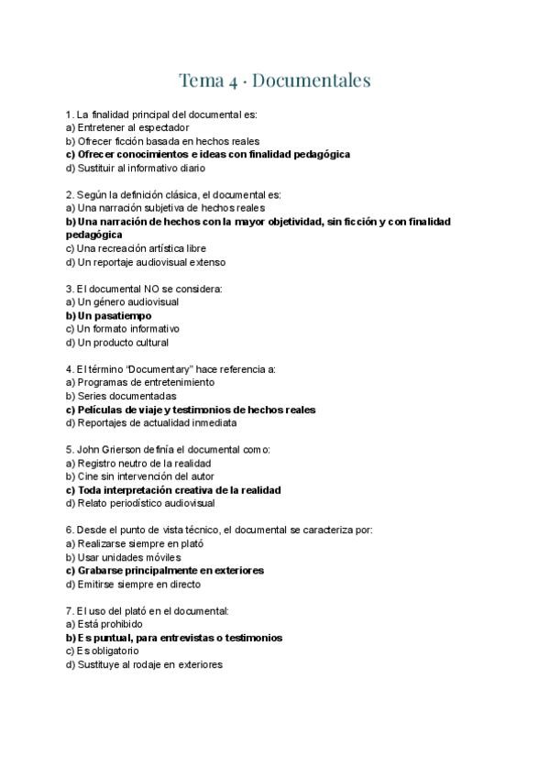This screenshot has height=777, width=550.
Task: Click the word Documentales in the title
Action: click(x=311, y=81)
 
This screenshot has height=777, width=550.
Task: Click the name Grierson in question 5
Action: click(x=120, y=450)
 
